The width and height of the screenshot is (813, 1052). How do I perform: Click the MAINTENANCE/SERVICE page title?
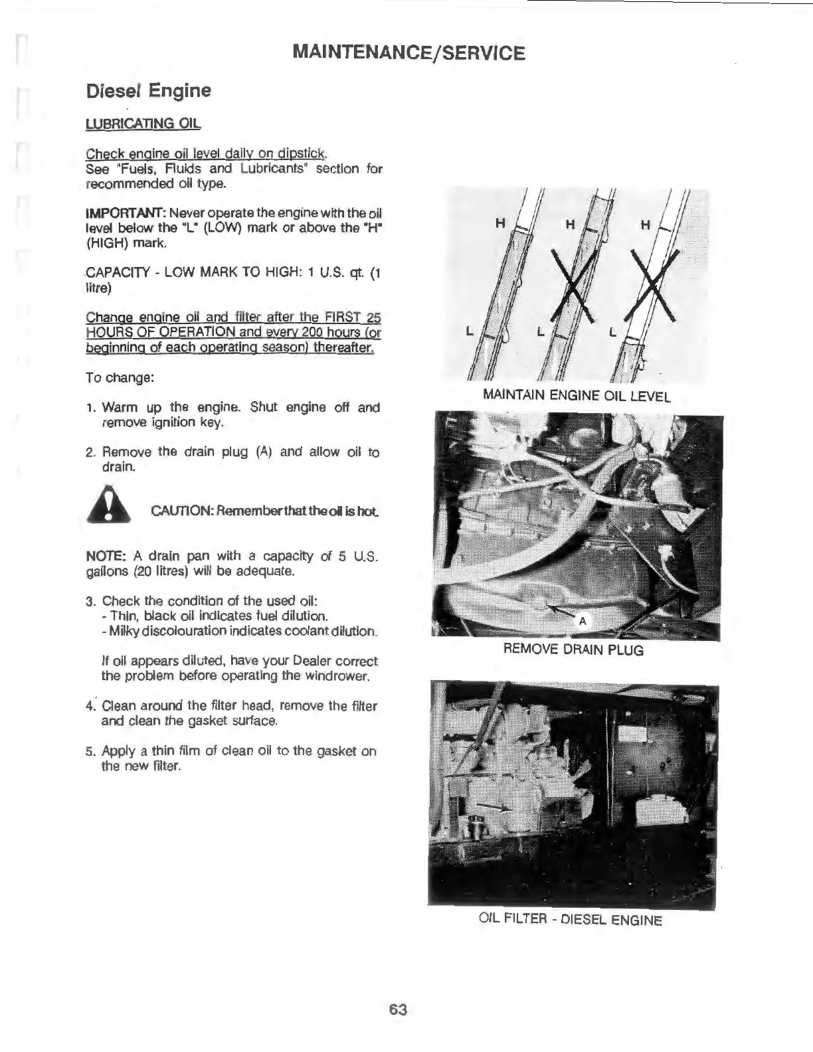coord(408,52)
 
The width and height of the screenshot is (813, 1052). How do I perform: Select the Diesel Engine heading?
coord(149,90)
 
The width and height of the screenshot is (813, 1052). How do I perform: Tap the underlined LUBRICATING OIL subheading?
coord(143,124)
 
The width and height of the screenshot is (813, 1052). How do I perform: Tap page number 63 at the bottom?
coord(398,1010)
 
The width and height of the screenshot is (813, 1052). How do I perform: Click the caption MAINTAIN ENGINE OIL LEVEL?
coord(577,396)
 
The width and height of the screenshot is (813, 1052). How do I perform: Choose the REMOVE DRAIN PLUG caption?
coord(573,650)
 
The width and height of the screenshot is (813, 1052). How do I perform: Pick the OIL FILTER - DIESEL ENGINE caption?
coord(571,920)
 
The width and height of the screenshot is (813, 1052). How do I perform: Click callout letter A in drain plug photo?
coord(583,622)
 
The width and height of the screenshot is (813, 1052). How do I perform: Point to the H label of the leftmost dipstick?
coord(499,224)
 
